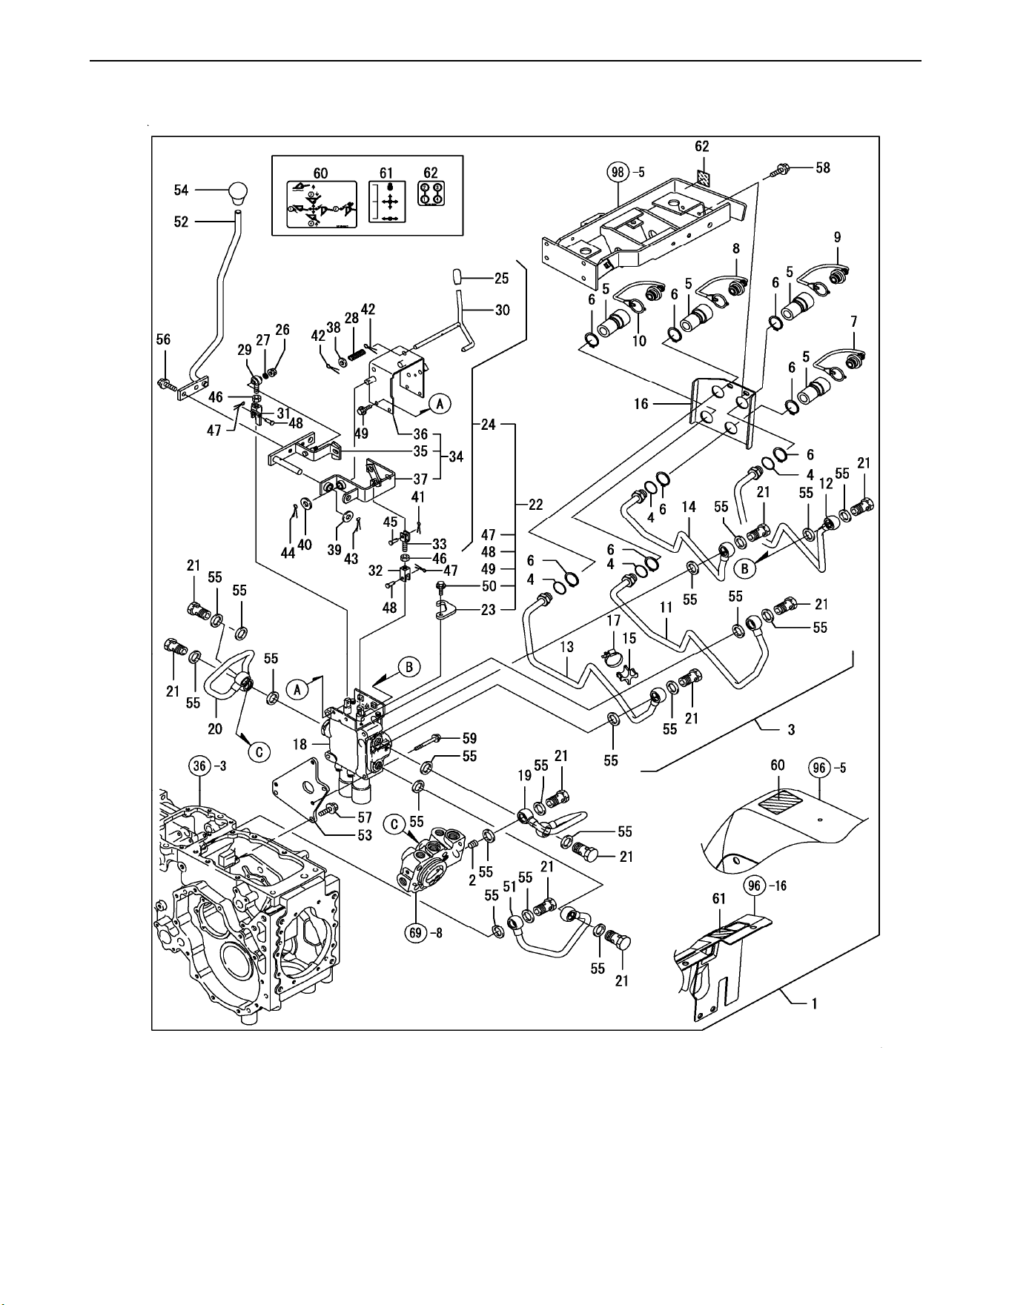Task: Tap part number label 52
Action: click(x=182, y=222)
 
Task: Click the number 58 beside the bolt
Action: click(x=822, y=167)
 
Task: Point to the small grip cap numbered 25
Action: click(x=457, y=278)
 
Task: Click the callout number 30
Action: click(x=502, y=310)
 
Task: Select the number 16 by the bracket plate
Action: click(x=641, y=404)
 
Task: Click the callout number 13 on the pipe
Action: click(x=566, y=647)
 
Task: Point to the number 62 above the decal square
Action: click(x=701, y=147)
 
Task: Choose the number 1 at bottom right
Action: click(x=814, y=1004)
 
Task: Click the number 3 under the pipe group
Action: click(x=791, y=729)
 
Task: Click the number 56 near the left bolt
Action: click(x=163, y=339)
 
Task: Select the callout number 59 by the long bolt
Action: click(x=469, y=738)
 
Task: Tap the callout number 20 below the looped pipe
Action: click(x=215, y=729)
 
